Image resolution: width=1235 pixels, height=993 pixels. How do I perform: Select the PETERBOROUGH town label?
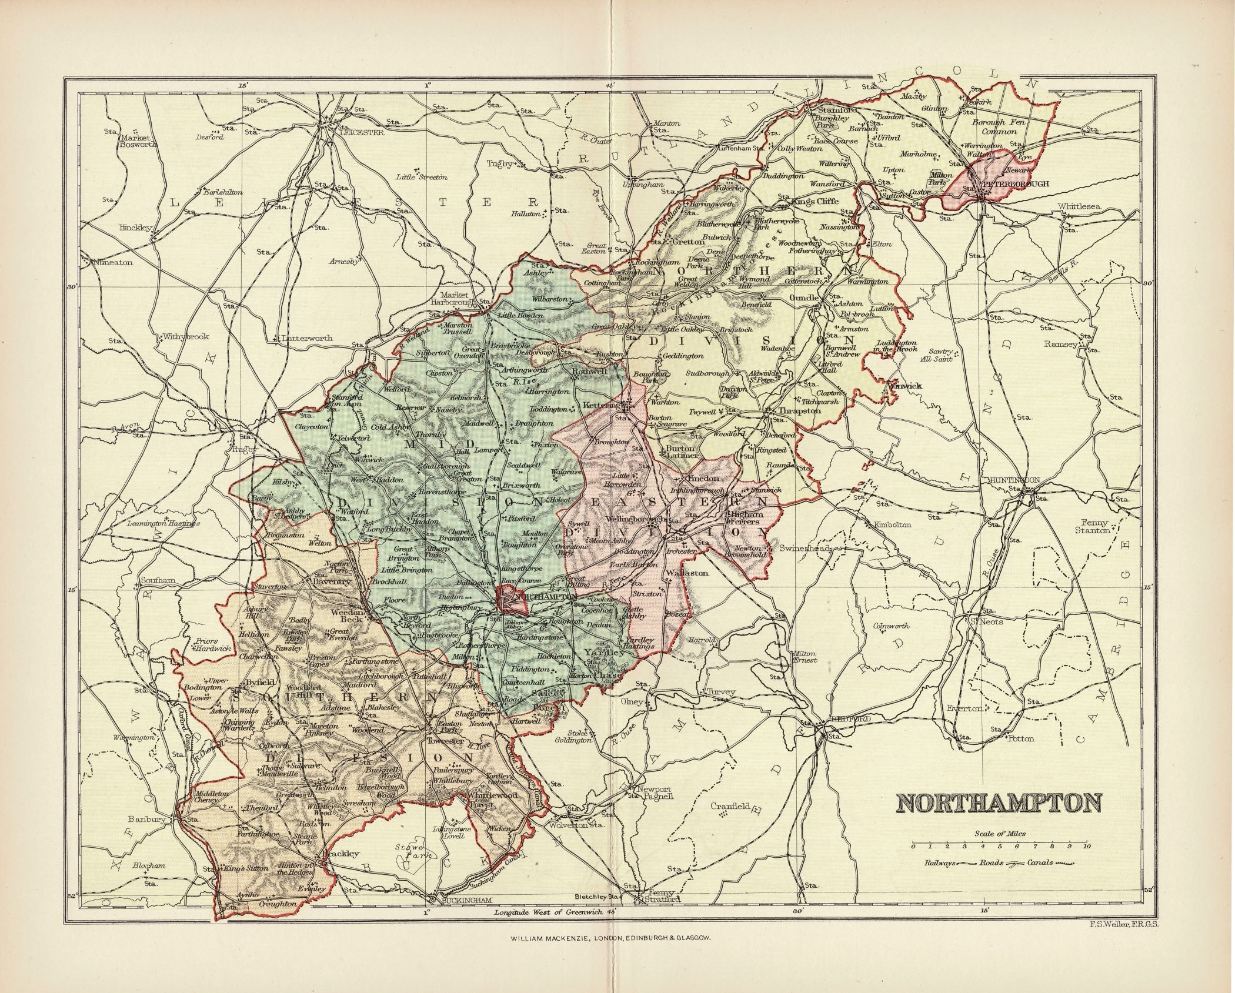(x=1020, y=184)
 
